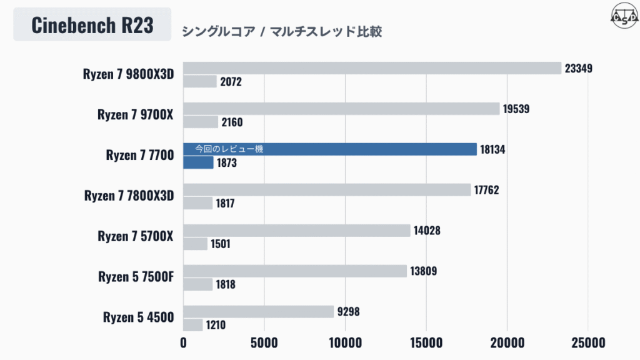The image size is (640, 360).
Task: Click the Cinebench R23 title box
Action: [x=92, y=25]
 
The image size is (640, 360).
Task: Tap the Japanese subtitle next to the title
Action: [x=281, y=32]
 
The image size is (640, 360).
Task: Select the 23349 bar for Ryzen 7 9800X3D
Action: [x=372, y=68]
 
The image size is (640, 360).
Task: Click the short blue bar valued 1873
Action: [x=198, y=162]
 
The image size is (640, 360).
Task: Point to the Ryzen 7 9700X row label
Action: [x=135, y=114]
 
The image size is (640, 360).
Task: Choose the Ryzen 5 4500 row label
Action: [x=138, y=317]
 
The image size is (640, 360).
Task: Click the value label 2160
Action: [x=231, y=122]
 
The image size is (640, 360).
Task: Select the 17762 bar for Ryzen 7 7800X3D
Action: [x=326, y=190]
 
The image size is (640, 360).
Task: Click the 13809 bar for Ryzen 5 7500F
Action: [x=295, y=271]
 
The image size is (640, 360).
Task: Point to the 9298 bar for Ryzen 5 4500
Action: [x=258, y=311]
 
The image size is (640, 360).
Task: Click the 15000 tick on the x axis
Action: [x=426, y=343]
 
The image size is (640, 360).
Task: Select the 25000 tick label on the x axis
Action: [x=587, y=343]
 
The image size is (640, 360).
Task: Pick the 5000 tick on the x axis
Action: [x=264, y=343]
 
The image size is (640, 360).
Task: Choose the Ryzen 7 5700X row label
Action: [x=135, y=236]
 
